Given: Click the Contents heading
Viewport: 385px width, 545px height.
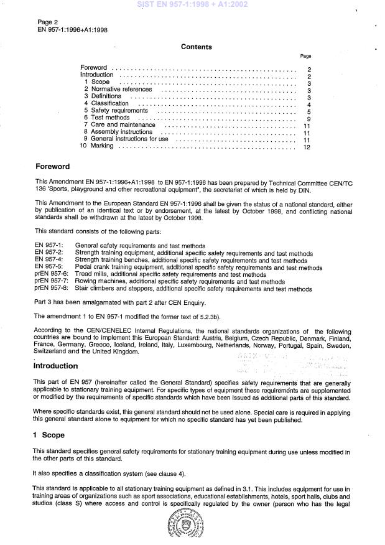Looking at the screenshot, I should [196, 47].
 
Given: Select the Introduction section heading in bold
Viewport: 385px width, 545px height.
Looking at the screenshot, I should [56, 366].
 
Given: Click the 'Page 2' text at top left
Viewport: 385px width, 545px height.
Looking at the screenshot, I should [48, 21].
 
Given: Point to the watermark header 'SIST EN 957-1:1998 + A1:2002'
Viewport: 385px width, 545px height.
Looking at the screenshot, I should [193, 5].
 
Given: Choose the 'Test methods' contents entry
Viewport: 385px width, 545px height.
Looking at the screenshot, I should [110, 118].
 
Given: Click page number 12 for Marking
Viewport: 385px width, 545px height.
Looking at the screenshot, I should [306, 147].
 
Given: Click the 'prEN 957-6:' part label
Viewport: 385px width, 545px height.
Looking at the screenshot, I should [51, 274].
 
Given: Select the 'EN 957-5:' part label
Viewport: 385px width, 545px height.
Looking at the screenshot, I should [48, 268].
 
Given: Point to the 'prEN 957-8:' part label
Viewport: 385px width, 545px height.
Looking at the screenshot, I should [51, 289].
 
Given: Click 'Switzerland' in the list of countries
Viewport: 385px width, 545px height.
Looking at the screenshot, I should [53, 352].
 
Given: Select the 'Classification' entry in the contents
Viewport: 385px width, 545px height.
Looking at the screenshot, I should [110, 104].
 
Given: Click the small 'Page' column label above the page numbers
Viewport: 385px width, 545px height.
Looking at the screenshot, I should [305, 56].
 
